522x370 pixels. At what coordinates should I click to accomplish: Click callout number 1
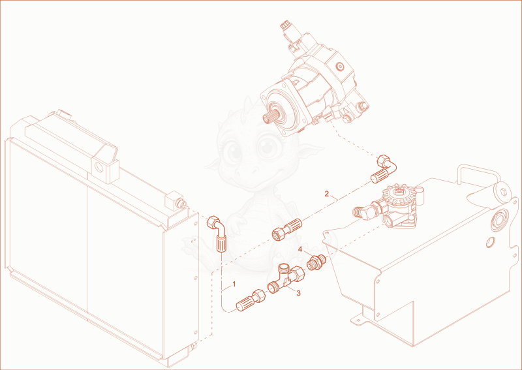234,284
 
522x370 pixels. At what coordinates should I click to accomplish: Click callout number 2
327,194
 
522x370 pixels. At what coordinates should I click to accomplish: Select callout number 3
298,293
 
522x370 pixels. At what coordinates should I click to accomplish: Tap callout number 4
300,249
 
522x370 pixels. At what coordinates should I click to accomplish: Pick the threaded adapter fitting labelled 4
316,262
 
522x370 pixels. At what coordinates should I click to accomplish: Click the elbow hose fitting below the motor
384,169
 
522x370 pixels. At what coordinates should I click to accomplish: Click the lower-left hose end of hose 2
286,230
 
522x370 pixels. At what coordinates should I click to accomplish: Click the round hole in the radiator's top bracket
99,166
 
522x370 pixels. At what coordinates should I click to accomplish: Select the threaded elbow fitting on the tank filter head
365,211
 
